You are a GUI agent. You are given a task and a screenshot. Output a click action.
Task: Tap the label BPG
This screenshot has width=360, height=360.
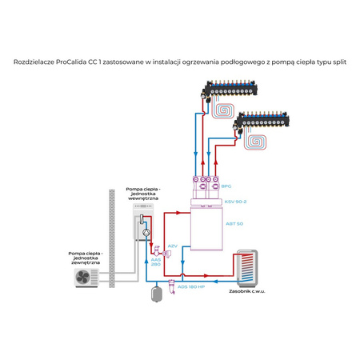click(226, 186)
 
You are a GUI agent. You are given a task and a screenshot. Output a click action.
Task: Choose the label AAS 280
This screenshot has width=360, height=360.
click(155, 262)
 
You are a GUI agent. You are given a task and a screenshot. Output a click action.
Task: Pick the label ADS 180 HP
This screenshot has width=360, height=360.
click(193, 285)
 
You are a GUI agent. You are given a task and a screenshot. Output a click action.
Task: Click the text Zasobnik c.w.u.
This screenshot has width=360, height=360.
click(250, 292)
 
